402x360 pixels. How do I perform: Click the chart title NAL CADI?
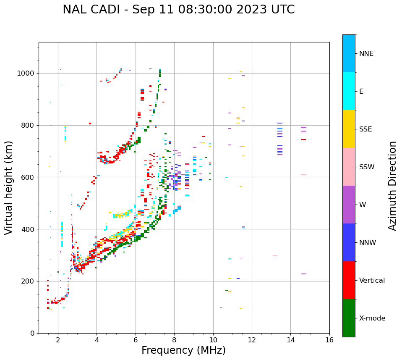pyautogui.click(x=178, y=10)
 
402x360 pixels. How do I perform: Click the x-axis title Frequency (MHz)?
pyautogui.click(x=183, y=350)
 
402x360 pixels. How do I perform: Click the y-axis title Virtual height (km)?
pyautogui.click(x=9, y=188)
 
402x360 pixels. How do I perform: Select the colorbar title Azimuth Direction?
pyautogui.click(x=392, y=186)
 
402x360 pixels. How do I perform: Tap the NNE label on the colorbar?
pyautogui.click(x=366, y=54)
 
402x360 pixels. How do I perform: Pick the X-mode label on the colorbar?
pyautogui.click(x=372, y=318)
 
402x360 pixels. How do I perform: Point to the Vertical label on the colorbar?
pyautogui.click(x=372, y=281)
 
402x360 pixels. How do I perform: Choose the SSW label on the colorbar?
pyautogui.click(x=367, y=167)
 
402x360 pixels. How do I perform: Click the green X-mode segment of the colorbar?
pyautogui.click(x=349, y=318)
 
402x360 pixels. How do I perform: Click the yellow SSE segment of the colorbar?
pyautogui.click(x=349, y=129)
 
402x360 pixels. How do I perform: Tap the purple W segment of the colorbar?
pyautogui.click(x=349, y=205)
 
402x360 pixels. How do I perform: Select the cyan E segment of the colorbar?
pyautogui.click(x=349, y=91)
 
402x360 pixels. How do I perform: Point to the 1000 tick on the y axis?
pyautogui.click(x=28, y=73)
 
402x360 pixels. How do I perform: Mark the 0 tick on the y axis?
pyautogui.click(x=33, y=333)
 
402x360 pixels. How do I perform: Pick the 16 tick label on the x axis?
pyautogui.click(x=329, y=340)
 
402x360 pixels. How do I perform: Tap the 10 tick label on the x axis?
pyautogui.click(x=213, y=340)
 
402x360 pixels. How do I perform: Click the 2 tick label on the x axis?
pyautogui.click(x=58, y=340)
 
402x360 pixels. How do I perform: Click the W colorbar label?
pyautogui.click(x=363, y=205)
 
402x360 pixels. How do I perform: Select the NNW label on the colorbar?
pyautogui.click(x=368, y=243)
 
